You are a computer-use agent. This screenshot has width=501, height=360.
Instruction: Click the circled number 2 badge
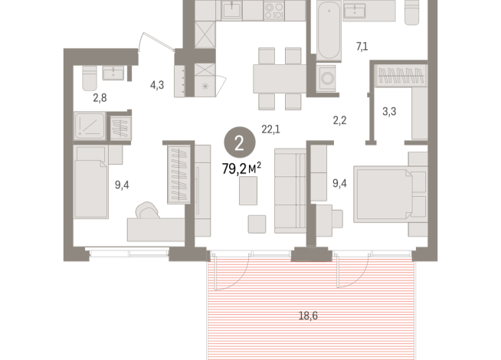tap(240, 142)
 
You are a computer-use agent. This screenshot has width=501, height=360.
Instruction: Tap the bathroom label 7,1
tap(361, 47)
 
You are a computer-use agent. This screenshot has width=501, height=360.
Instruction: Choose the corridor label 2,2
tap(340, 120)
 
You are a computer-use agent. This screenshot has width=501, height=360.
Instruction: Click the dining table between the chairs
tap(280, 78)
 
